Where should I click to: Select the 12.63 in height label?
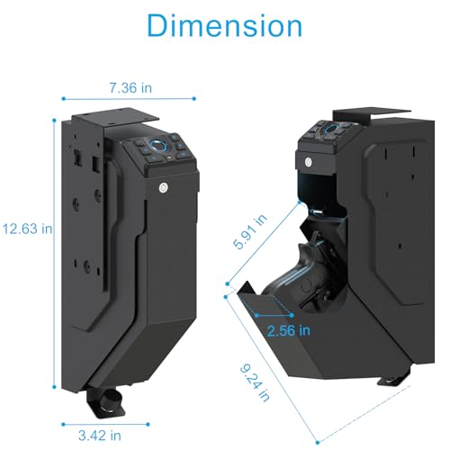pyautogui.click(x=28, y=229)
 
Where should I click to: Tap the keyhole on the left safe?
pyautogui.click(x=164, y=186)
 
